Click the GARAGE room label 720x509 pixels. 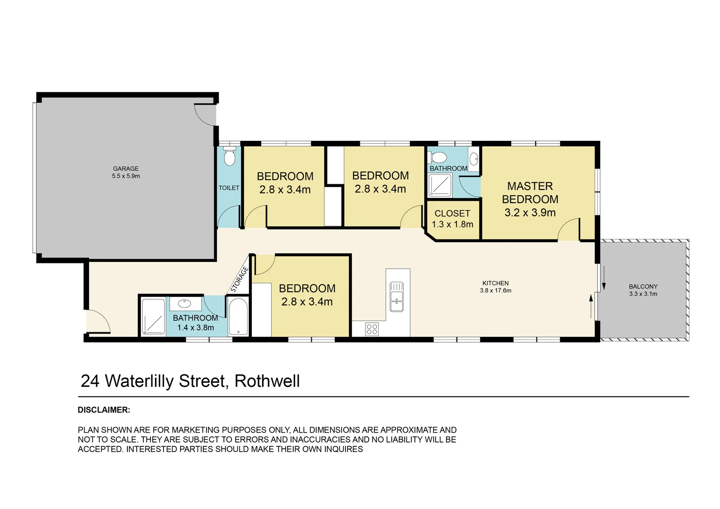(x=125, y=169)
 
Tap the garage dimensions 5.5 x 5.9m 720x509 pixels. (x=125, y=176)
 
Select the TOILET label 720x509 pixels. (x=229, y=188)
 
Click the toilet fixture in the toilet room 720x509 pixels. (x=229, y=157)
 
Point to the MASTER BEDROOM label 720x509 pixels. (x=530, y=193)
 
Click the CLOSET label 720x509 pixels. (x=452, y=213)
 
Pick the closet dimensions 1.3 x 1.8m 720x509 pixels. (x=452, y=224)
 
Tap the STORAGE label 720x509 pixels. (x=240, y=279)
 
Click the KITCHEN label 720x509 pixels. (x=495, y=283)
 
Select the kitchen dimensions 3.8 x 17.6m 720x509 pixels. (x=495, y=291)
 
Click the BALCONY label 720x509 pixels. (x=643, y=287)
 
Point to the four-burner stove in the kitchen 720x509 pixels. (x=372, y=328)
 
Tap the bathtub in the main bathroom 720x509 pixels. (x=238, y=316)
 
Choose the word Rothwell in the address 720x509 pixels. (x=267, y=381)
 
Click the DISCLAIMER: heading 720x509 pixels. (x=104, y=410)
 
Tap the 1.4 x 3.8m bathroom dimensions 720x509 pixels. (x=195, y=328)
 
